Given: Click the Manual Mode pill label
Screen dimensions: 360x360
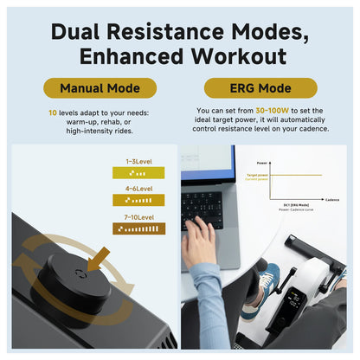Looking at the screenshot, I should pyautogui.click(x=99, y=88).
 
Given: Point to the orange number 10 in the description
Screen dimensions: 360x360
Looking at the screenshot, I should pyautogui.click(x=53, y=112).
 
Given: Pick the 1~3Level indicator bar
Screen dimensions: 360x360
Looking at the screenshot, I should pyautogui.click(x=138, y=172).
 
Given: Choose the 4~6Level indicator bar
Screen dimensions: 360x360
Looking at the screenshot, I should pyautogui.click(x=138, y=200).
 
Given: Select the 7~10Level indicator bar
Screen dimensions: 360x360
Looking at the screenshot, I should pyautogui.click(x=138, y=228).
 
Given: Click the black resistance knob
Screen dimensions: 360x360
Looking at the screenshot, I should pyautogui.click(x=77, y=281).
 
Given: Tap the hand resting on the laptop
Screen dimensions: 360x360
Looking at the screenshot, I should pyautogui.click(x=196, y=241).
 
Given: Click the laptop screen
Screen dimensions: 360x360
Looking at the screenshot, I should pyautogui.click(x=208, y=161).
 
